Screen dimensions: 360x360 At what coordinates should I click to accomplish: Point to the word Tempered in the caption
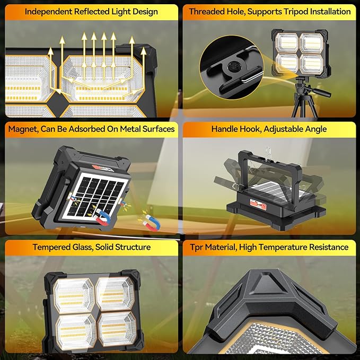click(x=50, y=247)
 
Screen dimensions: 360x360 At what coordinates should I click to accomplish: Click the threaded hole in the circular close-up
click(x=231, y=67)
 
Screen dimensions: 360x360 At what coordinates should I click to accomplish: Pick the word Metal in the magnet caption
click(x=125, y=129)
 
